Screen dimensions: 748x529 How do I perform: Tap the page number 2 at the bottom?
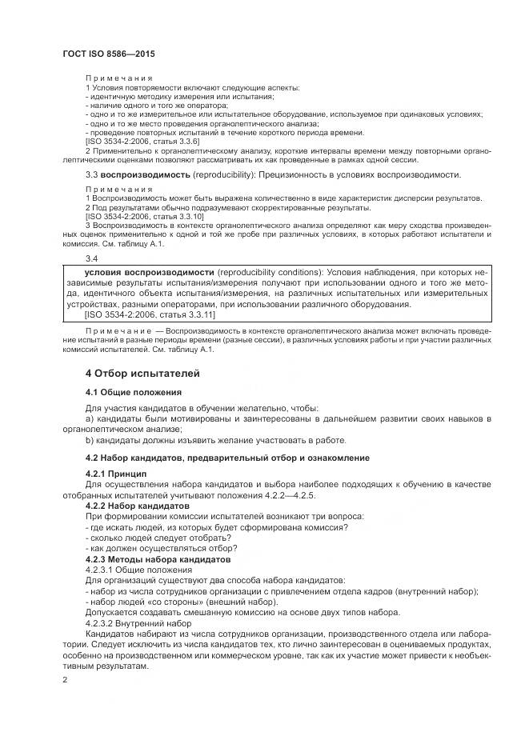tap(65, 679)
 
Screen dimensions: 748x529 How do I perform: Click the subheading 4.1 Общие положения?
tap(134, 392)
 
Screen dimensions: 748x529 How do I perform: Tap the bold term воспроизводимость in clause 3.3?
tap(146, 174)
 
